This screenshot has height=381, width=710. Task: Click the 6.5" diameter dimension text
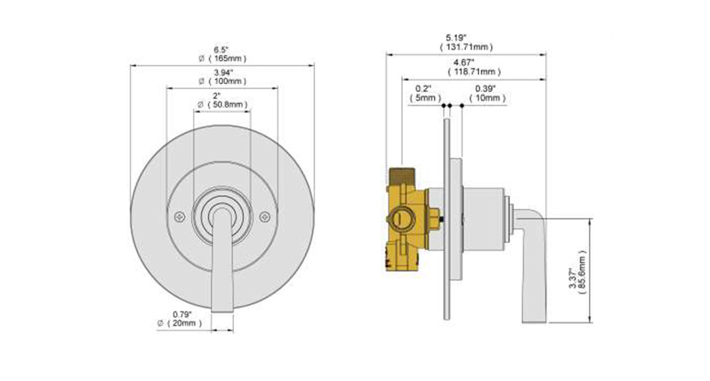[222, 49]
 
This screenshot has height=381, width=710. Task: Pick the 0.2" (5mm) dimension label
[423, 93]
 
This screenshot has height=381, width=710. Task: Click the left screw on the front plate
[178, 216]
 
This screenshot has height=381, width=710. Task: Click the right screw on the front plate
[265, 215]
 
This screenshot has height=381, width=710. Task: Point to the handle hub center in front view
[222, 214]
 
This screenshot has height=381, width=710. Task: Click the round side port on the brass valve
[400, 217]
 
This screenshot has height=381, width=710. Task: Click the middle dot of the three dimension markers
[452, 105]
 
